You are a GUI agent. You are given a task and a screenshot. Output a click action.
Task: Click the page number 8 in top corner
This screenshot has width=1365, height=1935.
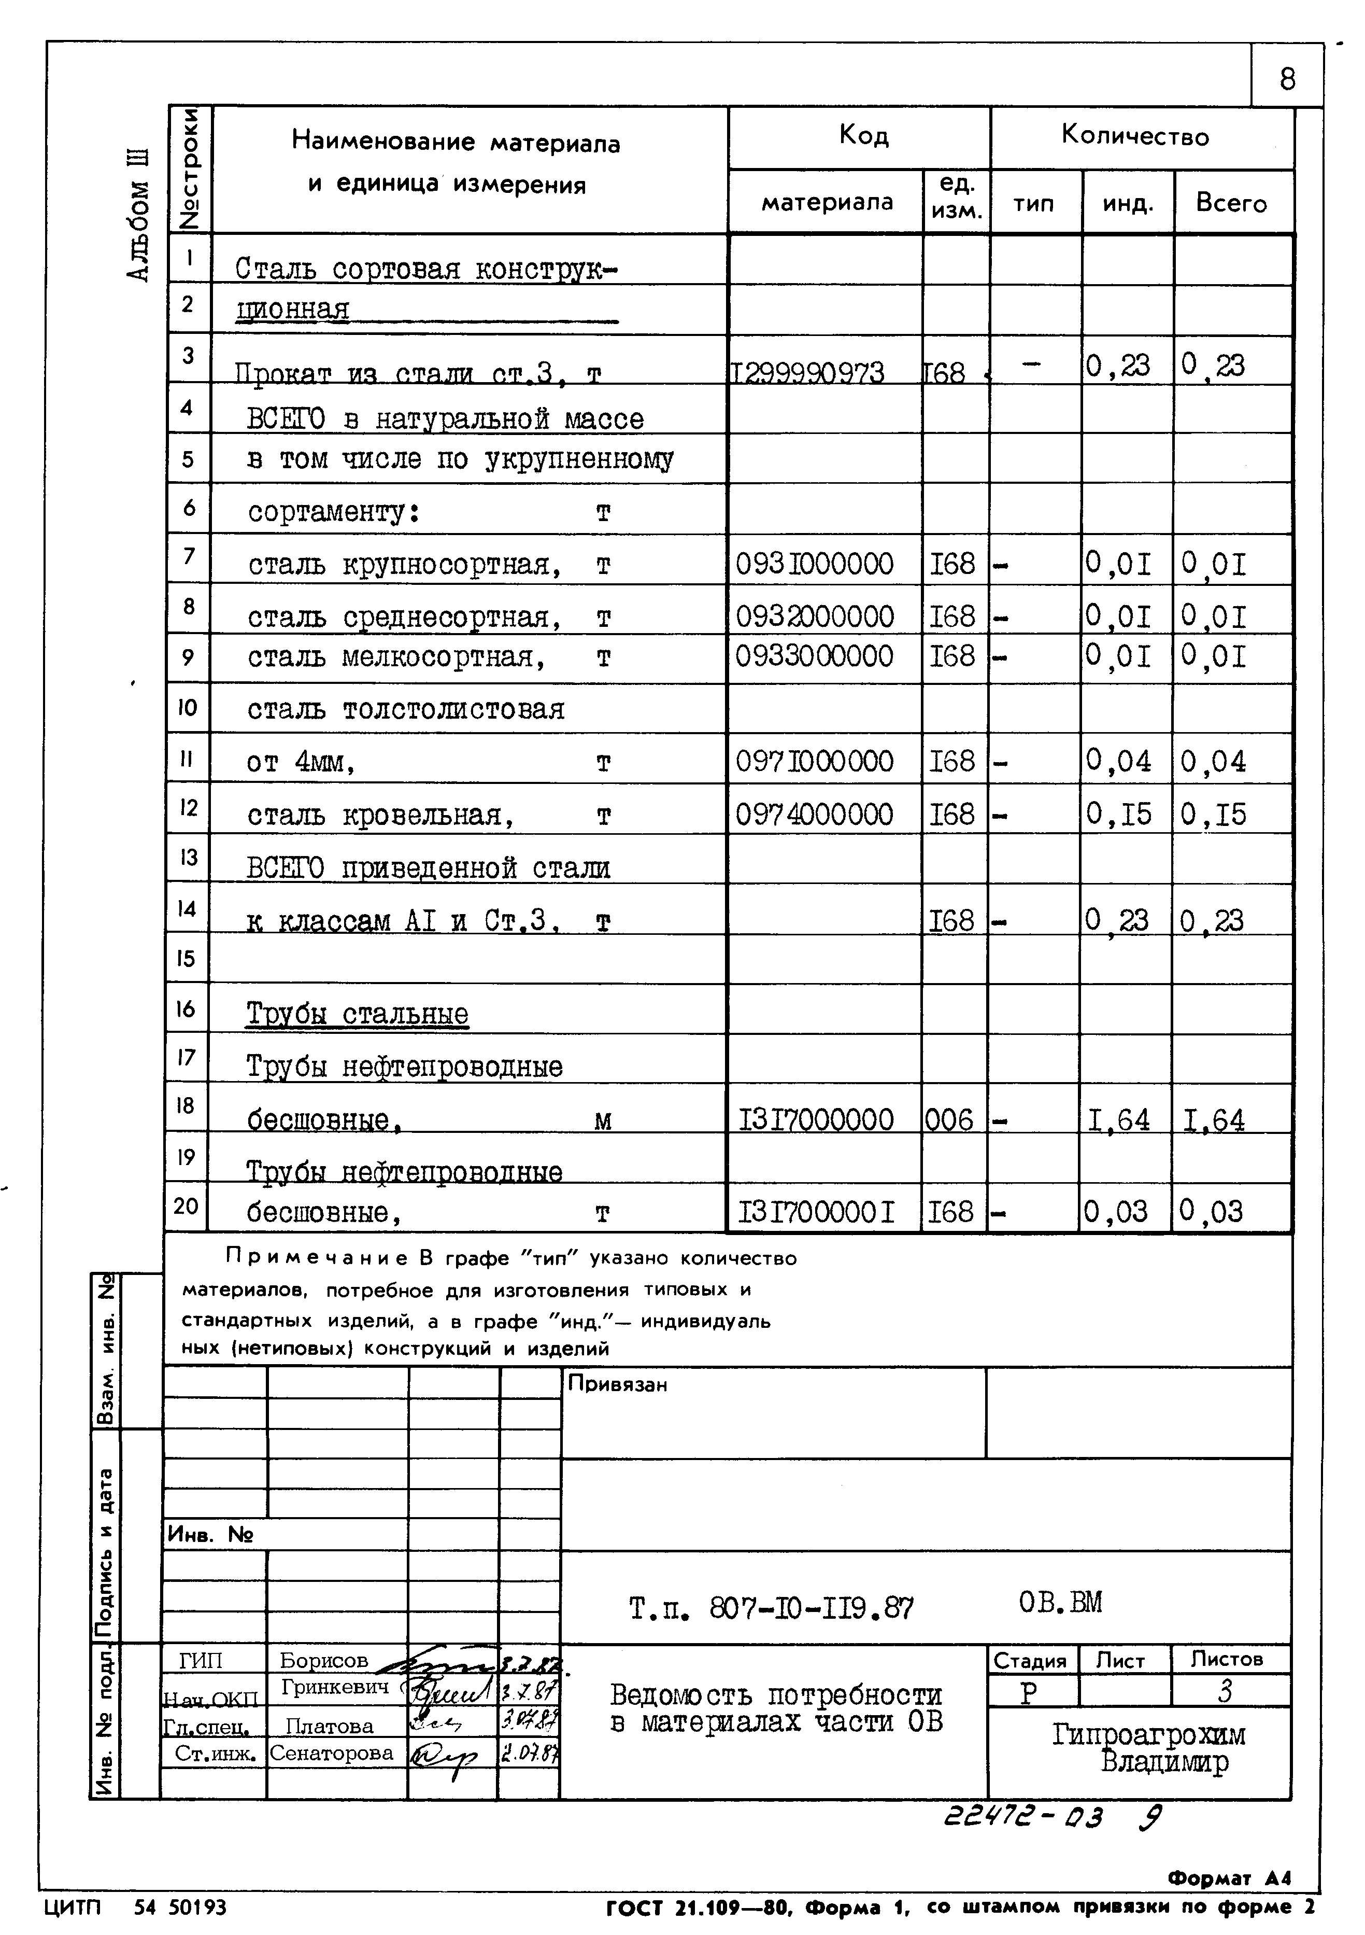click(1287, 80)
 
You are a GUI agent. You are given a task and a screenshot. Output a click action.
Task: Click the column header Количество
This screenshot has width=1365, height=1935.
click(1135, 136)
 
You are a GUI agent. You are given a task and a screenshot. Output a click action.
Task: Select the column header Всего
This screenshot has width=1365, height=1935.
click(1231, 203)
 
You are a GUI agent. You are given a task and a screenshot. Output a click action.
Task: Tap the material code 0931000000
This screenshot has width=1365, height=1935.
click(814, 564)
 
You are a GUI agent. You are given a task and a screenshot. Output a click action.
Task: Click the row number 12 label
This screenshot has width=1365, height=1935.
click(188, 807)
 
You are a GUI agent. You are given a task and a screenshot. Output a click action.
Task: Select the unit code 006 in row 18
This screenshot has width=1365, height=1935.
click(949, 1120)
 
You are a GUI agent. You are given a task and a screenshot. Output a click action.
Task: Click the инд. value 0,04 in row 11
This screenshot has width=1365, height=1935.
click(1118, 762)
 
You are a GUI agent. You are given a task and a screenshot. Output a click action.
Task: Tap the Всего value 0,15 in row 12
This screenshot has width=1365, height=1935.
click(1213, 814)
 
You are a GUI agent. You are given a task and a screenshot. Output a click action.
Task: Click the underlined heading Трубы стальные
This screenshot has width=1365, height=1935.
click(357, 1014)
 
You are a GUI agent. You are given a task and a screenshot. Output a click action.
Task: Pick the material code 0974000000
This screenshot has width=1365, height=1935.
click(814, 814)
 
